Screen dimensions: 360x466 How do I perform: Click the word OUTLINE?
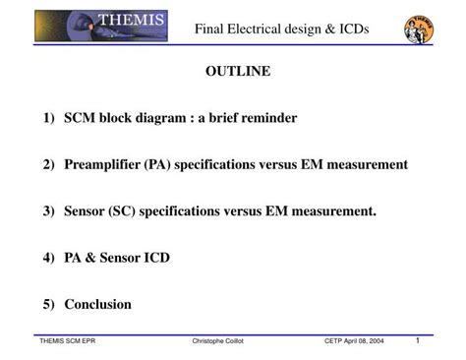coord(237,72)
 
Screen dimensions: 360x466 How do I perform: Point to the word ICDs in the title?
coord(349,30)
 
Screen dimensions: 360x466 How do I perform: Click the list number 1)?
coord(49,118)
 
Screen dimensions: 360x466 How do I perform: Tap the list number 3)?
coord(49,211)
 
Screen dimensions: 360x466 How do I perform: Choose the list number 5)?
coord(49,305)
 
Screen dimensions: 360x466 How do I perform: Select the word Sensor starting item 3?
coord(87,211)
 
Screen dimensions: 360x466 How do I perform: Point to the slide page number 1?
coord(418,340)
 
